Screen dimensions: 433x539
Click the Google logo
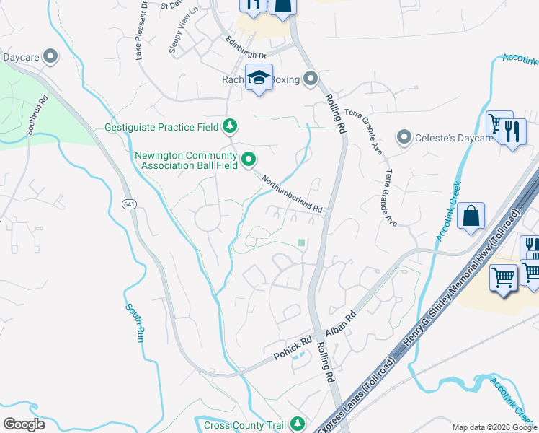(x=24, y=424)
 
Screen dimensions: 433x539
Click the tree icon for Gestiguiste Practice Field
(x=230, y=127)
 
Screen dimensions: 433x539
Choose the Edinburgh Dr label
(x=246, y=48)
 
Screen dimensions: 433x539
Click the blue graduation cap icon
(x=259, y=76)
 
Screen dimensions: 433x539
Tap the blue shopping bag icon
(x=471, y=215)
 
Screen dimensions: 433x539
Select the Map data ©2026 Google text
(x=494, y=427)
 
